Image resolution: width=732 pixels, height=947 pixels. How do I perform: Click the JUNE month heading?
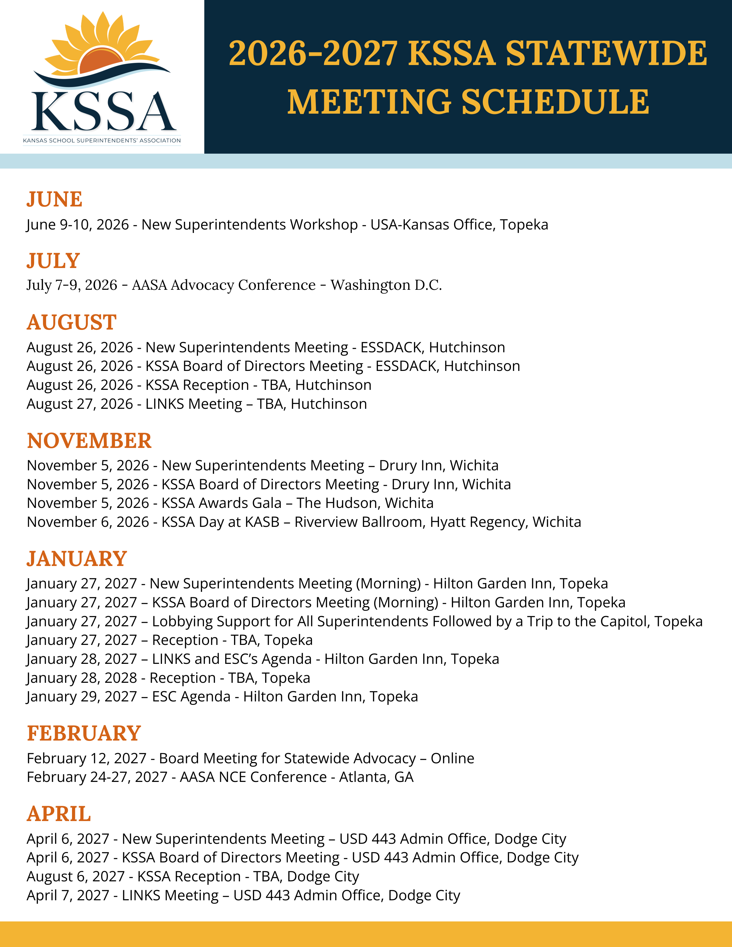tap(54, 200)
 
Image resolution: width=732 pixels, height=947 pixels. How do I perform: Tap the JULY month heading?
tap(53, 261)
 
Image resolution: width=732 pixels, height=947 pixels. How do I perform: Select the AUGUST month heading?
tap(72, 323)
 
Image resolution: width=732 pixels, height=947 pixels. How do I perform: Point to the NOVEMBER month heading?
tap(89, 441)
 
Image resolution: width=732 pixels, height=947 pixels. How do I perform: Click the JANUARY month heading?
tap(76, 559)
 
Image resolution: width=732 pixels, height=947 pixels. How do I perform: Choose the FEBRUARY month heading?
tap(84, 734)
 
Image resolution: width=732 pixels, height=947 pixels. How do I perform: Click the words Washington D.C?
tap(386, 285)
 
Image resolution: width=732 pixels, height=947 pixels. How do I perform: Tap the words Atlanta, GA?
tap(376, 777)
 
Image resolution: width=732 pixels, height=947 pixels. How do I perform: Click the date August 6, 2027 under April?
tap(75, 877)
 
